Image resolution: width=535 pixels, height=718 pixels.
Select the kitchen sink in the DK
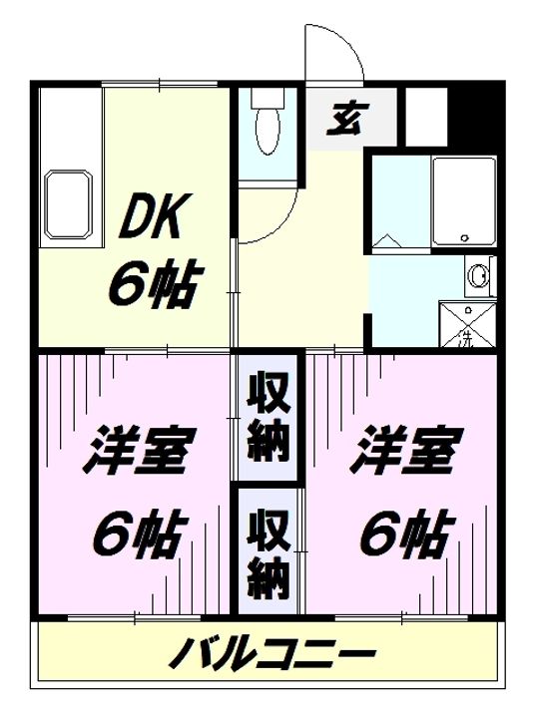[68, 203]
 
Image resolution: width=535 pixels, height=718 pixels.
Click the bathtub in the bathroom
[463, 199]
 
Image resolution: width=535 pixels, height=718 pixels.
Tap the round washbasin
[480, 273]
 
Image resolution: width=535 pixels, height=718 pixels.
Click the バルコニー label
[272, 657]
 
